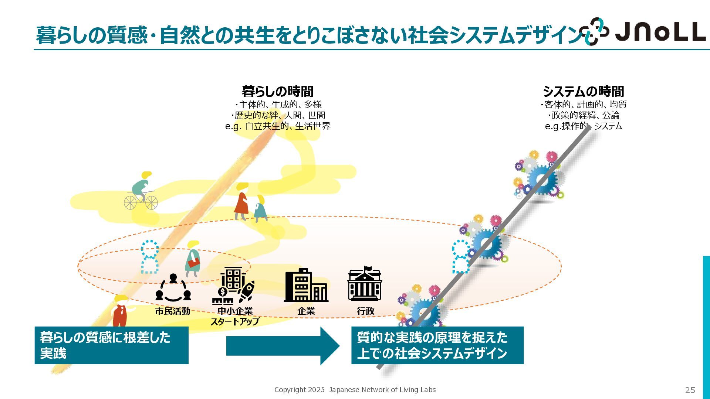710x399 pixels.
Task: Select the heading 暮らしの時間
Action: [x=277, y=91]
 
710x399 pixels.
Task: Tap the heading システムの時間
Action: [x=583, y=91]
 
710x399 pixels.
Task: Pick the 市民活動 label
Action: [x=172, y=311]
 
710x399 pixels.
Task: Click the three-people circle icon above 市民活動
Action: [x=173, y=288]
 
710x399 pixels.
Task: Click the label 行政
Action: [x=365, y=311]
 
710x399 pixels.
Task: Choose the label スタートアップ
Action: [x=235, y=321]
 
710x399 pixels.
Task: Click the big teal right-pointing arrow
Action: [x=283, y=346]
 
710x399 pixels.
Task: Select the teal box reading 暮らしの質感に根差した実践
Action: [x=111, y=345]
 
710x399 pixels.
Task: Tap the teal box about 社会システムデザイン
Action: [x=437, y=345]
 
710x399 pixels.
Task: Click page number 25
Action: [x=690, y=390]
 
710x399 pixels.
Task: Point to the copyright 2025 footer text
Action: [x=355, y=389]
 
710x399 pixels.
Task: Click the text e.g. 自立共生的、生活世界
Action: [x=277, y=126]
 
